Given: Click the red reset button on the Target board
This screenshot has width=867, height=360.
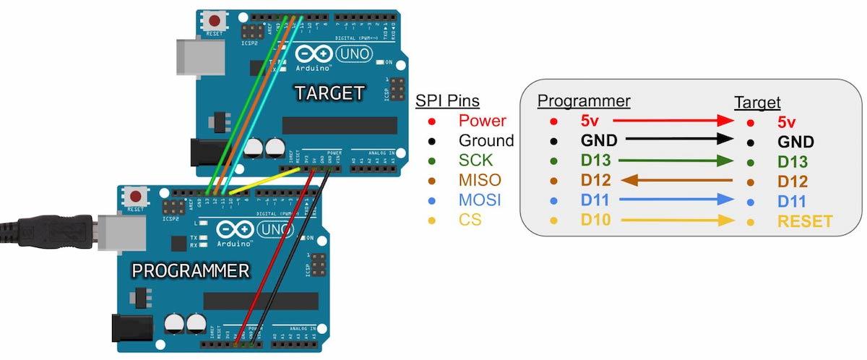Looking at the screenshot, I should coord(214,20).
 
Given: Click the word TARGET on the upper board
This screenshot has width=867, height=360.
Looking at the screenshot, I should coord(329,93).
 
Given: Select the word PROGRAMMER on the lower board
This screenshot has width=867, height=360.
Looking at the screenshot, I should coord(191,271).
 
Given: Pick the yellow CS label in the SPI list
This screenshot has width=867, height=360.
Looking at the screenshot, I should coord(470,219).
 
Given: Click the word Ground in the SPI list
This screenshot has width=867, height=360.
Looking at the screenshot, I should coord(487,140).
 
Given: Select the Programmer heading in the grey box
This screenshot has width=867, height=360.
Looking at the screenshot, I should coord(584,100).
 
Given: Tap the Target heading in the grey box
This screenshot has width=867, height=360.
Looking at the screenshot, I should coord(757,103).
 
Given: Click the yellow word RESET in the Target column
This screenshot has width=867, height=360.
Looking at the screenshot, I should coord(805,220).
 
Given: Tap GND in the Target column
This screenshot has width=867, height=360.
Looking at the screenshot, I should coord(795,142).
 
